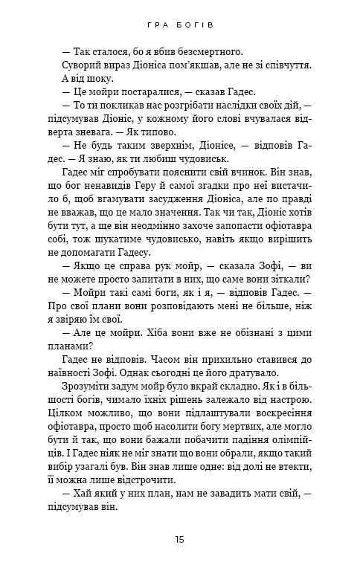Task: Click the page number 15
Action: coord(180,539)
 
